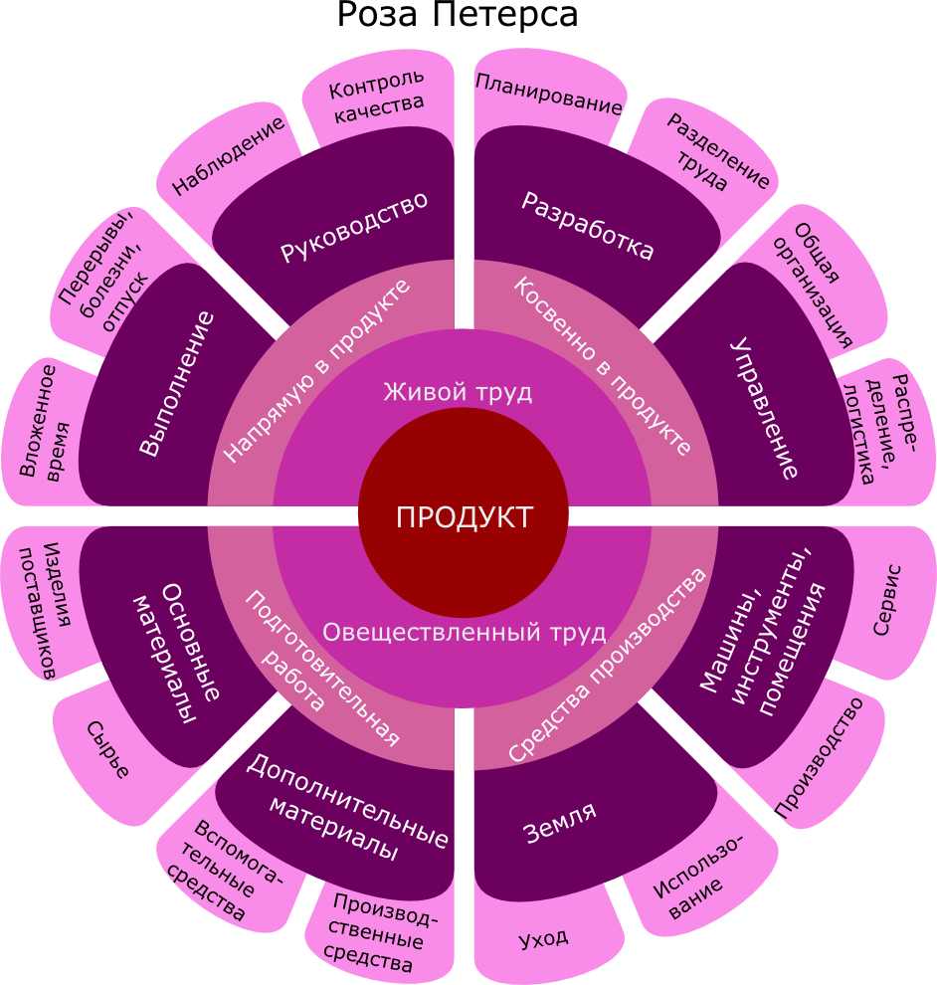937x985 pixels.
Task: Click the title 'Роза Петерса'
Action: pos(458,15)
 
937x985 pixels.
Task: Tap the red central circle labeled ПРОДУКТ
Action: pos(464,512)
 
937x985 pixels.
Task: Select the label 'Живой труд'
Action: pos(458,392)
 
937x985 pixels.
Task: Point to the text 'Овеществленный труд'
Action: pos(465,632)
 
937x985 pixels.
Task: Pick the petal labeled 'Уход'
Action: pos(543,938)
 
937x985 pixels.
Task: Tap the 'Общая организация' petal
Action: pos(817,283)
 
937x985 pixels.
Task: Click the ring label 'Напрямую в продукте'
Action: pos(317,371)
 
